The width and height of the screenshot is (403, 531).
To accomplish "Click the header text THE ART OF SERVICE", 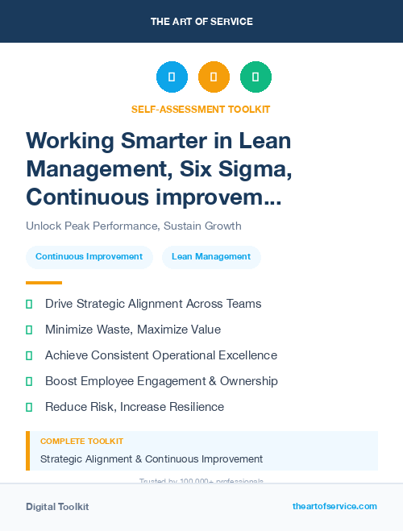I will click(x=201, y=22).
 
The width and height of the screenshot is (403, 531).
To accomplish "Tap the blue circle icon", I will click(x=172, y=77).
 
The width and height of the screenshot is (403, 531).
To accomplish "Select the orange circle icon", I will click(x=214, y=77).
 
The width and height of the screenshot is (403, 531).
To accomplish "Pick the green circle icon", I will click(x=256, y=77).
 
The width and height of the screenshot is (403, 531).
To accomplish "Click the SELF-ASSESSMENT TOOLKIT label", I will click(x=201, y=109).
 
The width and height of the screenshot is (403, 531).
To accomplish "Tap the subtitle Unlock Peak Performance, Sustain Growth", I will click(x=134, y=226).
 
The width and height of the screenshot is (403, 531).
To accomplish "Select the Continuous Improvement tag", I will click(x=89, y=257).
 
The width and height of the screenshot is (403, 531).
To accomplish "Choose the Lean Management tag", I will click(x=211, y=257).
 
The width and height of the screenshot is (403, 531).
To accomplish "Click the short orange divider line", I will click(x=44, y=283).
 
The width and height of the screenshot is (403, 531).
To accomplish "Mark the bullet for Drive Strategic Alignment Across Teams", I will click(x=29, y=304).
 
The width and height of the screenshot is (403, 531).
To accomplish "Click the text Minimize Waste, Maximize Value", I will click(x=133, y=330).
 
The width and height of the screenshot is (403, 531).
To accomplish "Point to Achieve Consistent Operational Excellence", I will click(x=161, y=355).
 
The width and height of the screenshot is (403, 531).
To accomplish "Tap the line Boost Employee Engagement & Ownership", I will click(x=161, y=381).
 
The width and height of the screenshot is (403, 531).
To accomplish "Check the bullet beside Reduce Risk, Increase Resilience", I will click(x=29, y=407).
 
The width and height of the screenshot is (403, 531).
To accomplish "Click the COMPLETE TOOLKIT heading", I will click(x=82, y=442).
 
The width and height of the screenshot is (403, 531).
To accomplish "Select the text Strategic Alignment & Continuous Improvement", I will click(x=152, y=458).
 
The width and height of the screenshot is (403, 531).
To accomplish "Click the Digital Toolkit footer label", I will click(x=57, y=507).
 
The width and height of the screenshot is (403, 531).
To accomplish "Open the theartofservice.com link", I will click(x=334, y=506).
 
